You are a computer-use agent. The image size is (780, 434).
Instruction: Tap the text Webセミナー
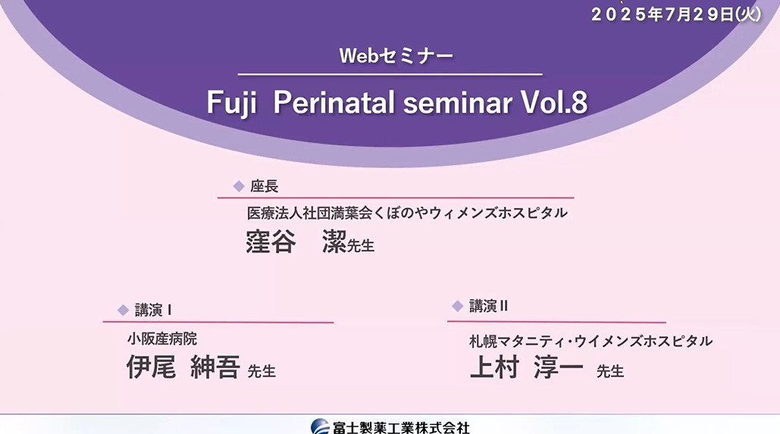point(396,56)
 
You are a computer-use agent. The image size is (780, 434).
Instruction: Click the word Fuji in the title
point(234,104)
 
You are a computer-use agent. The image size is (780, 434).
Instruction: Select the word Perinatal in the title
point(333,104)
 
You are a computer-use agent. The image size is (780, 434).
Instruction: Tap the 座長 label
point(264,186)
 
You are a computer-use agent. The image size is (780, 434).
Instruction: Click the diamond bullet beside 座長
point(238,186)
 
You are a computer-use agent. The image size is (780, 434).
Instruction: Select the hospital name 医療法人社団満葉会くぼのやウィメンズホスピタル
point(407,213)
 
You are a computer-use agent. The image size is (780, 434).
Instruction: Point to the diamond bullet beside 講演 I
point(123,309)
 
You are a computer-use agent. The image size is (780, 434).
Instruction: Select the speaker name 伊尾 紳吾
point(183,367)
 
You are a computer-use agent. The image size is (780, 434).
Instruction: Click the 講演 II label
point(488,306)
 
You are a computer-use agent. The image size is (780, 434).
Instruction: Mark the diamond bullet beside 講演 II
point(457,306)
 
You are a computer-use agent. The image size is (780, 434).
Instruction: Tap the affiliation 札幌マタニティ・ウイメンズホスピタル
point(590,341)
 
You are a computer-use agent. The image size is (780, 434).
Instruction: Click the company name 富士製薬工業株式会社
point(401,427)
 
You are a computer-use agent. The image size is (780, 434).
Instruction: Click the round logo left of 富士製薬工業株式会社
point(320,427)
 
